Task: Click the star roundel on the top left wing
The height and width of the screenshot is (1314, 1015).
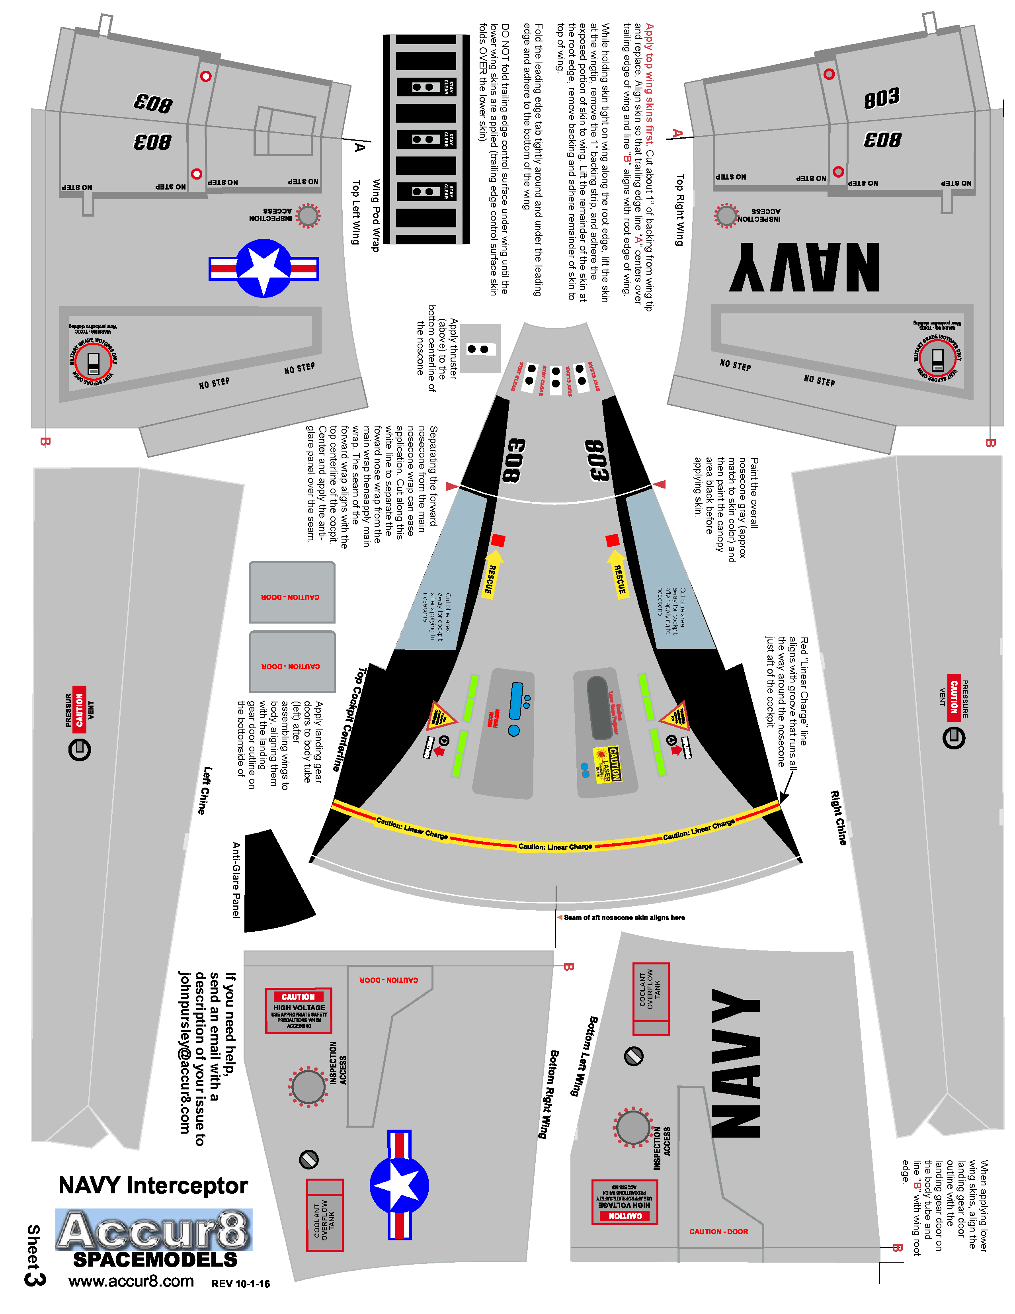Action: tap(264, 268)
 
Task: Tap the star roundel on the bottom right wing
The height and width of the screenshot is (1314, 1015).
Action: tap(399, 1185)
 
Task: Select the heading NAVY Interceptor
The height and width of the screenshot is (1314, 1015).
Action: tap(153, 1185)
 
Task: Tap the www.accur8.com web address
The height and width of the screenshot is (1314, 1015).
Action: tap(131, 1281)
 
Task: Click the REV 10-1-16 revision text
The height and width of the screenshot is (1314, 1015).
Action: tap(240, 1284)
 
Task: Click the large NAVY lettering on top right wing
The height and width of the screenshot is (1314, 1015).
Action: tap(804, 267)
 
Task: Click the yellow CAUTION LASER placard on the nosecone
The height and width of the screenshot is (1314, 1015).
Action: tap(607, 764)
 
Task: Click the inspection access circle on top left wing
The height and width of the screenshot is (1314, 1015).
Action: tap(308, 215)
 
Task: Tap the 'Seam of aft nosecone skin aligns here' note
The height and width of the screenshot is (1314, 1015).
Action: tap(624, 917)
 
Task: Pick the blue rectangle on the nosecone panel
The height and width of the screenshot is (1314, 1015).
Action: tap(516, 701)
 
